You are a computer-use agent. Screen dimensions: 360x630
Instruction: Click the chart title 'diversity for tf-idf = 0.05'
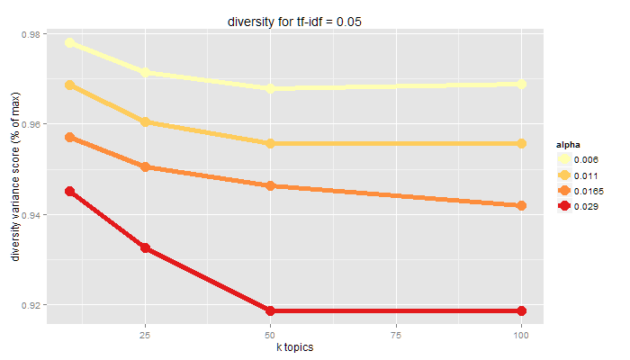pos(294,19)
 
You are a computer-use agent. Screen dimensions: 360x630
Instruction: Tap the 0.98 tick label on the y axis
pos(29,34)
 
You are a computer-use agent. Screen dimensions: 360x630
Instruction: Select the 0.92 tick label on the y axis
pos(29,306)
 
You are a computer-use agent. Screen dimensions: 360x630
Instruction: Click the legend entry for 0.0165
pos(589,191)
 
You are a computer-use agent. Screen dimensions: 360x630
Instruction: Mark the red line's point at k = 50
pos(269,310)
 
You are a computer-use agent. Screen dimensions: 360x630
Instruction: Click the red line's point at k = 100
pos(520,310)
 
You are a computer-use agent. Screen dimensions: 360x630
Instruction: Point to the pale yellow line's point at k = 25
pos(144,72)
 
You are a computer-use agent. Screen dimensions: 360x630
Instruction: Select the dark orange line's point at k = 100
pos(520,205)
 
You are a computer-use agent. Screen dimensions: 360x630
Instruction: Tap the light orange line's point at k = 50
pos(269,143)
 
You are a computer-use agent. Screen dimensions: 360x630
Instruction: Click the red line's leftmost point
pos(69,191)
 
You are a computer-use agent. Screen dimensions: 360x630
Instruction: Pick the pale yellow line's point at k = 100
pos(520,84)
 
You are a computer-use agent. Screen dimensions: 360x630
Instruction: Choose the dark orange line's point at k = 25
pos(144,166)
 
